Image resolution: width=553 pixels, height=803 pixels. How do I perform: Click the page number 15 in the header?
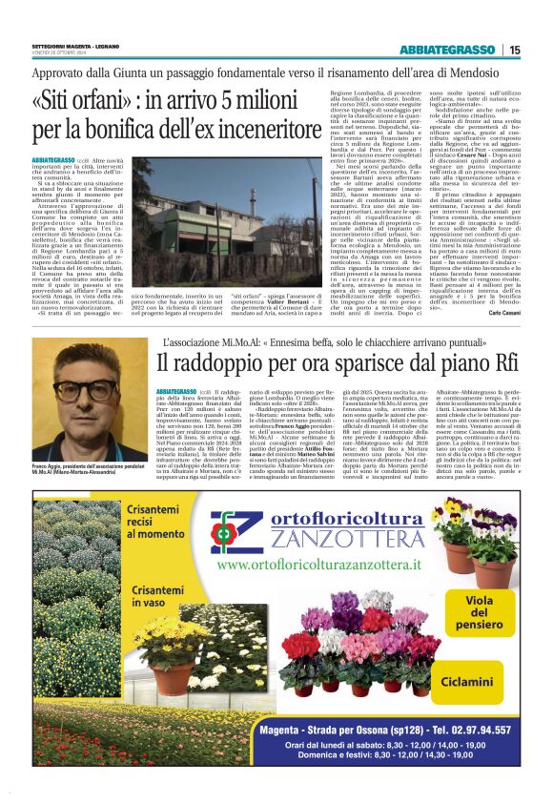(515, 51)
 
